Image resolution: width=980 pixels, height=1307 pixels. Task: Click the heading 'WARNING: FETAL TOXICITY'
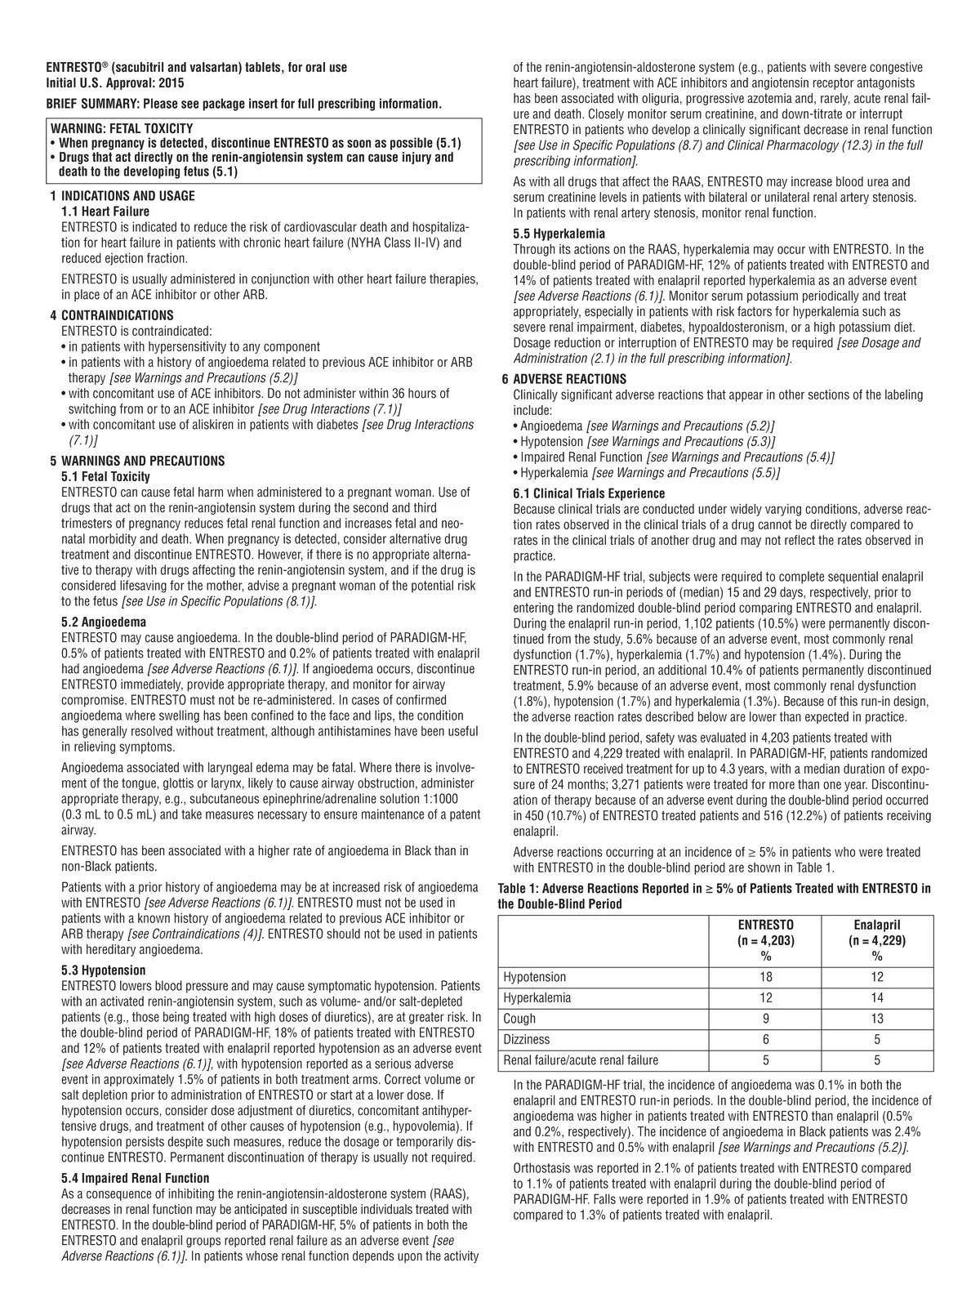pos(122,128)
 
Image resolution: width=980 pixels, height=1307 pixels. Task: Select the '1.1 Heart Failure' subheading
pos(105,212)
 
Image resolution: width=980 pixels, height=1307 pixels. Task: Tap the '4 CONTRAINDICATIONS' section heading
pos(117,315)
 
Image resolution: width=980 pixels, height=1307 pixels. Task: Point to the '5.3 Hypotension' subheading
pos(104,970)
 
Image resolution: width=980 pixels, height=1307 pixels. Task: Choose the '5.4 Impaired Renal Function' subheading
pos(136,1178)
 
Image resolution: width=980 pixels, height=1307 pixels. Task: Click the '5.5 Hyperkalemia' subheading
pos(559,234)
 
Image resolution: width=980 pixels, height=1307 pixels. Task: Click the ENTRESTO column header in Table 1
pos(766,925)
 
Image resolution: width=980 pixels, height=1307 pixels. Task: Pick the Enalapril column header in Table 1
pos(877,925)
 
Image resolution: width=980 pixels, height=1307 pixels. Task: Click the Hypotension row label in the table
pos(535,977)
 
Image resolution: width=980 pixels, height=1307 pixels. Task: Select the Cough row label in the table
pos(520,1019)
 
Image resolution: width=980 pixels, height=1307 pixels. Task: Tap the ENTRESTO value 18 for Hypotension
pos(766,977)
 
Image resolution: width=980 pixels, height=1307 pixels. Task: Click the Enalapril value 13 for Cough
pos(877,1019)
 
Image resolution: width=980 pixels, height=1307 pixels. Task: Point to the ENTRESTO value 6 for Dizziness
pos(766,1040)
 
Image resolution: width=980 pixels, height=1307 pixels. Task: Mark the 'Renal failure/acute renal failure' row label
pos(581,1060)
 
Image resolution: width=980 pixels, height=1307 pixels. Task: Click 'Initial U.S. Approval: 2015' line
pos(115,83)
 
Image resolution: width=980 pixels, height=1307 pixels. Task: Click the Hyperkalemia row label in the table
pos(537,998)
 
